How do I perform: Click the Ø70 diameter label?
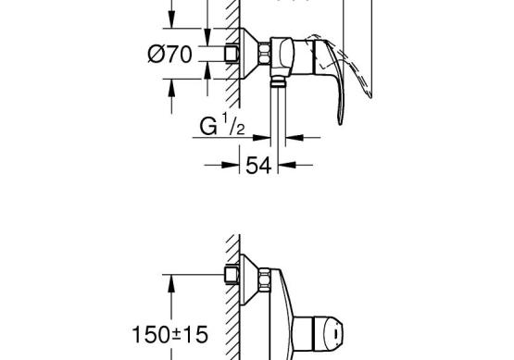point(169,55)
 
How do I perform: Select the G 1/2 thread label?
point(222,125)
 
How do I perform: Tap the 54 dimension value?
point(258,165)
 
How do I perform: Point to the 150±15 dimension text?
point(169,334)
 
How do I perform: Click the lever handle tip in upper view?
point(341,123)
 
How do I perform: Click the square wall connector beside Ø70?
point(232,54)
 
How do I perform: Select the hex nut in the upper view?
point(264,54)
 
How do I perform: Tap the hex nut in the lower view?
point(264,279)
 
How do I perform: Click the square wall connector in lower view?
point(232,275)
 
